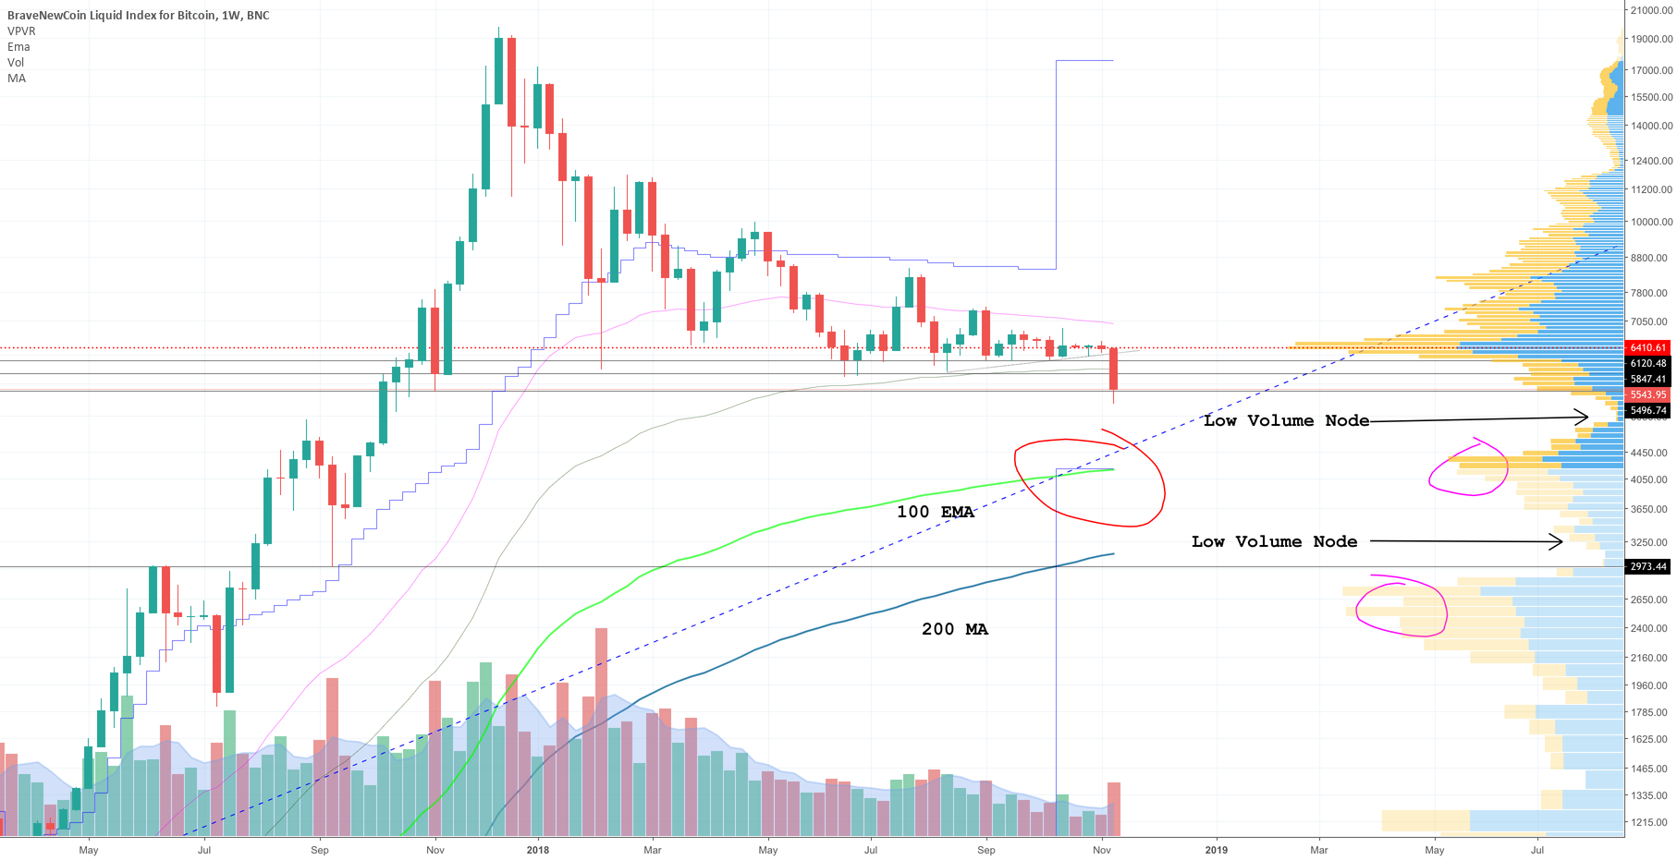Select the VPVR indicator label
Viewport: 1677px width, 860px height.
pyautogui.click(x=21, y=31)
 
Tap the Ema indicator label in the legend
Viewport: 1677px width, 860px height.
pyautogui.click(x=18, y=47)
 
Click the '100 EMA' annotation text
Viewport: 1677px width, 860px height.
pyautogui.click(x=935, y=512)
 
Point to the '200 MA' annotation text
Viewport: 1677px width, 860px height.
pyautogui.click(x=954, y=629)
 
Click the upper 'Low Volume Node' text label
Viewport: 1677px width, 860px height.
pyautogui.click(x=1286, y=420)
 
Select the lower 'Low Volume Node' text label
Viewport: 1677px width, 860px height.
pyautogui.click(x=1274, y=541)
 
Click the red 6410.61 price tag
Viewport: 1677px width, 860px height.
pyautogui.click(x=1647, y=347)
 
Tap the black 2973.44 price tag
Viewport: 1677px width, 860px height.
pyautogui.click(x=1647, y=566)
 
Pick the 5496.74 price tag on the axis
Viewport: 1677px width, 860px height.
pyautogui.click(x=1647, y=410)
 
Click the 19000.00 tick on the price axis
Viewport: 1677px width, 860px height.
pyautogui.click(x=1651, y=39)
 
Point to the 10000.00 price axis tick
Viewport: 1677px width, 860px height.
pyautogui.click(x=1651, y=222)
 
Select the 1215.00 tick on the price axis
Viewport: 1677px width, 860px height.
pyautogui.click(x=1651, y=822)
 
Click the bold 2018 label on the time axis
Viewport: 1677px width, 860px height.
pyautogui.click(x=537, y=850)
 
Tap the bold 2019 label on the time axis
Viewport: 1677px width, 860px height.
pyautogui.click(x=1217, y=850)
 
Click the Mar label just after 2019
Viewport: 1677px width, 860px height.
pyautogui.click(x=1318, y=850)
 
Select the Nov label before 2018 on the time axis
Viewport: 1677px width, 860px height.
pyautogui.click(x=435, y=850)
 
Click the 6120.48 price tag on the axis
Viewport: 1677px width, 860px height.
pyautogui.click(x=1647, y=363)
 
